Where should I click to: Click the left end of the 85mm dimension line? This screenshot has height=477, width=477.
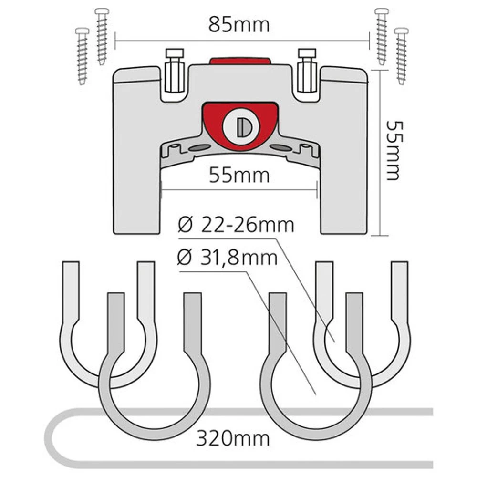[115, 41]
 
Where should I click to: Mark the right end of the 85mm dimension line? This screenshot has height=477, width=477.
[369, 41]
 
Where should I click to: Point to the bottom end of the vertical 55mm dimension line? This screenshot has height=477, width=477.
[380, 235]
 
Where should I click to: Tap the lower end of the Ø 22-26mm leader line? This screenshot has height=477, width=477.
[335, 342]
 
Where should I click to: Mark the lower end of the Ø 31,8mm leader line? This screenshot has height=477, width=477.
[316, 394]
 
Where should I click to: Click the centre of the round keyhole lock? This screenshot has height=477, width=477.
[240, 128]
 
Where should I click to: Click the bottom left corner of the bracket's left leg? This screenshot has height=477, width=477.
[114, 234]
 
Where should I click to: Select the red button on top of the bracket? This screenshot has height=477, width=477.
[240, 60]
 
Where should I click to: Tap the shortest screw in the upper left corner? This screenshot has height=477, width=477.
[82, 56]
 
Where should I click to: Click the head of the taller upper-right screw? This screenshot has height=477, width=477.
[382, 12]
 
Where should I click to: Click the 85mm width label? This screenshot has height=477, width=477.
[239, 25]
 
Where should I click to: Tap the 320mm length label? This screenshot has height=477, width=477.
[233, 438]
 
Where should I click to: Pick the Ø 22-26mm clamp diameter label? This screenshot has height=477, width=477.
[236, 226]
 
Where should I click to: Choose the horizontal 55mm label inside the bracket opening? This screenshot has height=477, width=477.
[239, 176]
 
